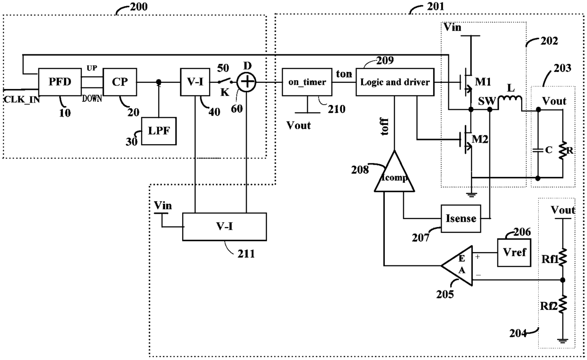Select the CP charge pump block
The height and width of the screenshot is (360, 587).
(x=120, y=82)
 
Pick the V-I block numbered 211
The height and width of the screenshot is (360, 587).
(x=224, y=226)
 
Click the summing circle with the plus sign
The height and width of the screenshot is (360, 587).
(x=246, y=83)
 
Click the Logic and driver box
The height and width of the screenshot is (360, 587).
(x=394, y=82)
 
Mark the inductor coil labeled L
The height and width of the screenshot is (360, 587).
(x=510, y=100)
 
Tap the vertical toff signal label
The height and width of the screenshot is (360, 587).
(x=384, y=127)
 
